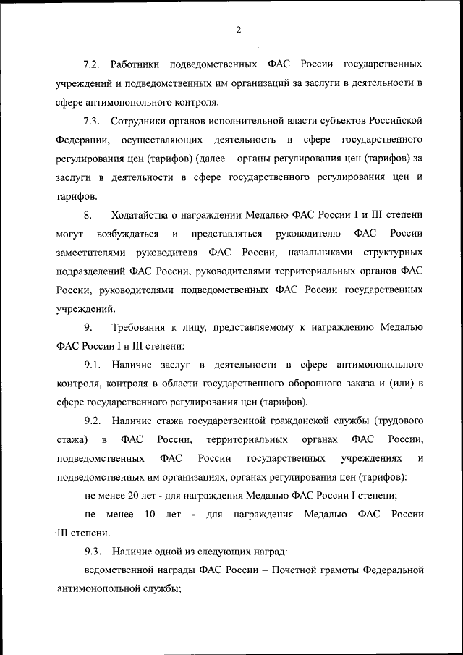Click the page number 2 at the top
tap(237, 30)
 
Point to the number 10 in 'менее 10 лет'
tap(150, 515)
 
